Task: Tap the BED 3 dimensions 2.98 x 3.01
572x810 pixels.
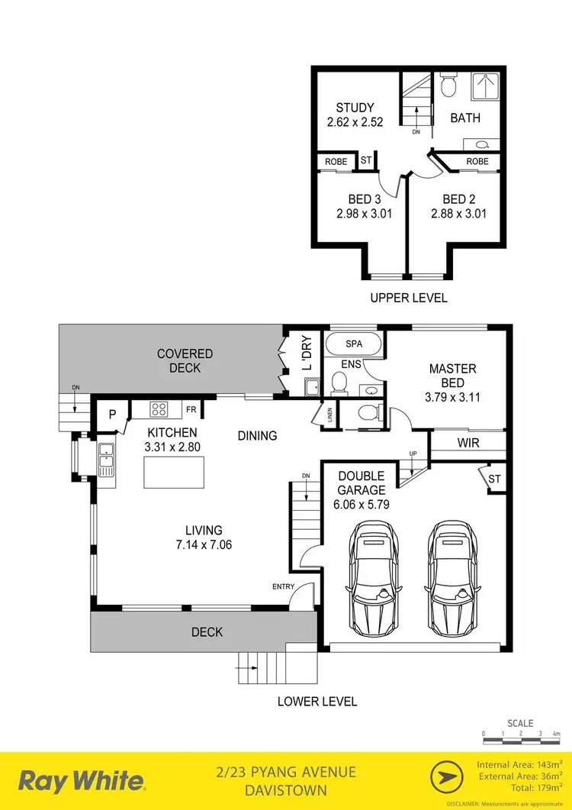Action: pyautogui.click(x=364, y=214)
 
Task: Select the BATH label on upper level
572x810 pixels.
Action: pyautogui.click(x=464, y=118)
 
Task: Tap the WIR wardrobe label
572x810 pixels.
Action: pyautogui.click(x=468, y=443)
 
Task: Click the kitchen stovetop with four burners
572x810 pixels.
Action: pyautogui.click(x=159, y=409)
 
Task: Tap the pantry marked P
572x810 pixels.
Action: pyautogui.click(x=111, y=414)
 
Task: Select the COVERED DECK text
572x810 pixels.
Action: pyautogui.click(x=185, y=360)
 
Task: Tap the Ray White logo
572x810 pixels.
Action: pyautogui.click(x=81, y=781)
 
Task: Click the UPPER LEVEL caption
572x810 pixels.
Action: pyautogui.click(x=408, y=298)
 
